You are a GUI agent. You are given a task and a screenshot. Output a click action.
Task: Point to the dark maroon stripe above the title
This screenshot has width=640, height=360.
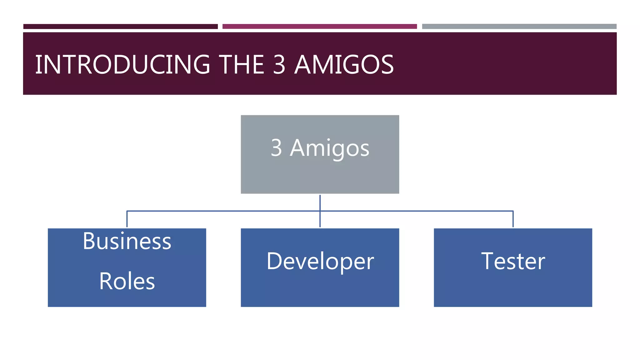(x=120, y=27)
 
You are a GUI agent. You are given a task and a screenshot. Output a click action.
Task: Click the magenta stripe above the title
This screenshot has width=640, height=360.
(x=319, y=27)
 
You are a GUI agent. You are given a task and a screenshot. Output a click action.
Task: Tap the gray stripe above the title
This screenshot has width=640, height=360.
(x=519, y=27)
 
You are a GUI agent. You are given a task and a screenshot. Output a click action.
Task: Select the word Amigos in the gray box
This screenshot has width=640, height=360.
(x=330, y=148)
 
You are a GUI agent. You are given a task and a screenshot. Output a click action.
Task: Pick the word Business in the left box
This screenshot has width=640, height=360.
(x=127, y=241)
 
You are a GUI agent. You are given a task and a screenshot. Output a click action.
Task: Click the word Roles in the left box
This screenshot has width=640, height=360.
(x=127, y=281)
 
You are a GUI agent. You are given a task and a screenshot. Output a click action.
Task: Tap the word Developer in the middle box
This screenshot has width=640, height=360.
(x=320, y=261)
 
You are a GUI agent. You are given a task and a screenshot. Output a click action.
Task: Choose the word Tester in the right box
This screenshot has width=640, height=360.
(x=513, y=261)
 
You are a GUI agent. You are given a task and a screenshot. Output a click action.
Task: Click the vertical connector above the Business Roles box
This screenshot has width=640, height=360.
(x=127, y=219)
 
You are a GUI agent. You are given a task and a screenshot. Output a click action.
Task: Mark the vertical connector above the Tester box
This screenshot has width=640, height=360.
(x=513, y=219)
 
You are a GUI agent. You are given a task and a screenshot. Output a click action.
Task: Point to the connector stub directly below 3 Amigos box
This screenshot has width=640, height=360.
(x=320, y=202)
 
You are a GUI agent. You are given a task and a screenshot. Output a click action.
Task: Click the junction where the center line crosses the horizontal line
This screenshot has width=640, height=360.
(x=320, y=211)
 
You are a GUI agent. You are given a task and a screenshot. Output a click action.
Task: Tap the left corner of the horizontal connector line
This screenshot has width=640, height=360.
(x=127, y=211)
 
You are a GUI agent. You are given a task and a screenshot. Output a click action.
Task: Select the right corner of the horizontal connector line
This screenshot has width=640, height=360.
(x=513, y=211)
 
